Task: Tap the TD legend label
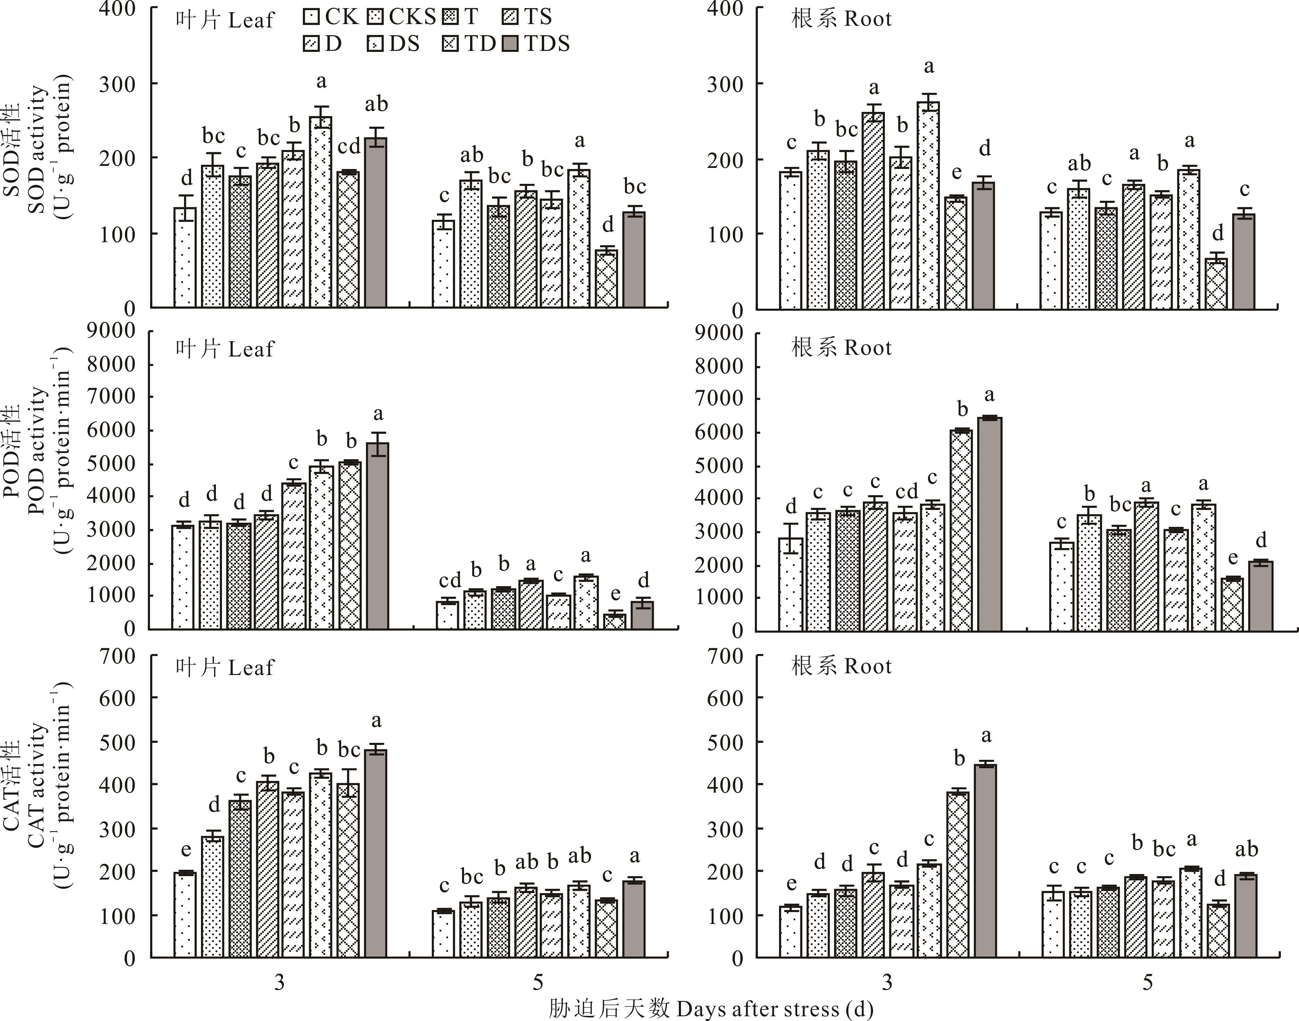tap(480, 44)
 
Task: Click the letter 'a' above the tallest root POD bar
tap(989, 395)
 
